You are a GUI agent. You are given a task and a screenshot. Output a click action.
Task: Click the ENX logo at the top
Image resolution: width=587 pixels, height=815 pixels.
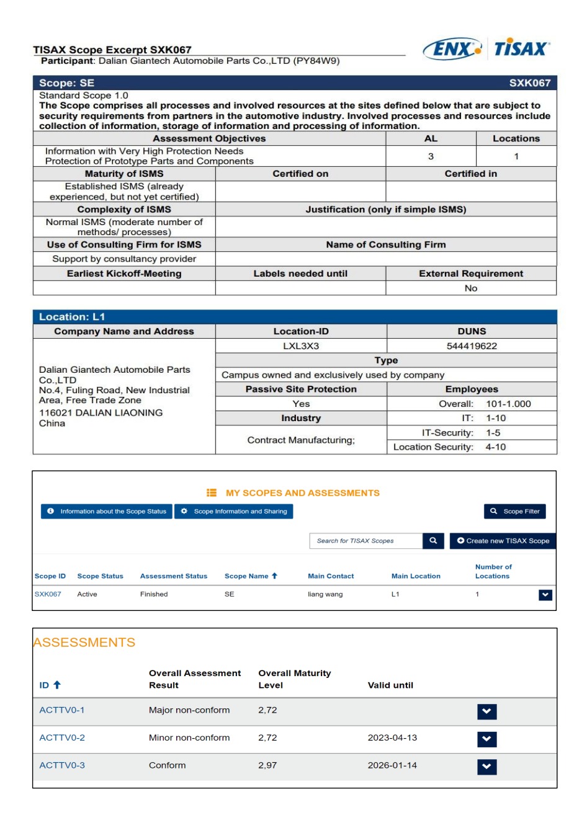(452, 49)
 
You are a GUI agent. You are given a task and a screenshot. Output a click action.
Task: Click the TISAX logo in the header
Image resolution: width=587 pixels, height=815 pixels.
(522, 49)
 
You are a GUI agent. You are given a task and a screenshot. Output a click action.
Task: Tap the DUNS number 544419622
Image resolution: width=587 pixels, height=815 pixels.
(472, 346)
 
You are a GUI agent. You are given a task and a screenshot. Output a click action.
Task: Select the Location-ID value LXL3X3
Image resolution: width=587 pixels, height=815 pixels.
(301, 346)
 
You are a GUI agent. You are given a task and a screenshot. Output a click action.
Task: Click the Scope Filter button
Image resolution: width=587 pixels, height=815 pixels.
(515, 512)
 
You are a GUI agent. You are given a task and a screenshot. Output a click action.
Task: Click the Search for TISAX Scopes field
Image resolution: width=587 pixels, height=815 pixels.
(366, 541)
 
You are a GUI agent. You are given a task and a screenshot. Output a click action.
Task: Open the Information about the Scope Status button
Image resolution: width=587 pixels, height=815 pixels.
(107, 512)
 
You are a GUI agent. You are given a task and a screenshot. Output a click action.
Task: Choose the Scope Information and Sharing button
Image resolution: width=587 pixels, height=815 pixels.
(234, 512)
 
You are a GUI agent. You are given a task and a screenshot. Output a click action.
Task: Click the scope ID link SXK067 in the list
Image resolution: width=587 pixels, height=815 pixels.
(48, 594)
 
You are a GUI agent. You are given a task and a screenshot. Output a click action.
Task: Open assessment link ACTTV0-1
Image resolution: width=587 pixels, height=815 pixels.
(62, 710)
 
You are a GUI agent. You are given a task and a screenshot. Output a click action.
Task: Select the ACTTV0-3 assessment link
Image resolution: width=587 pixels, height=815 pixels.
(62, 765)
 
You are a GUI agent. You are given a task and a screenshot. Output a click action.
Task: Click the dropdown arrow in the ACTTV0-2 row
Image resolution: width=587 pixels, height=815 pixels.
(487, 739)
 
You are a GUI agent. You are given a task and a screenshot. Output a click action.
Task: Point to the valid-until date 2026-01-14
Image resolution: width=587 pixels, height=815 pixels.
(392, 765)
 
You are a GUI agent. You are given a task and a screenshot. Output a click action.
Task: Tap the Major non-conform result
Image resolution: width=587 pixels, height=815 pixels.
(189, 710)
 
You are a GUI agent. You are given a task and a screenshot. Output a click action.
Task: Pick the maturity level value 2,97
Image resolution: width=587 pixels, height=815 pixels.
(267, 765)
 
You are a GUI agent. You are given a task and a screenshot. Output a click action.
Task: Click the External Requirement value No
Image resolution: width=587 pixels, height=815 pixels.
(471, 288)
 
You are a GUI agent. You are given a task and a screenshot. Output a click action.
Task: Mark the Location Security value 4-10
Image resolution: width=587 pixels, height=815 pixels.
(496, 447)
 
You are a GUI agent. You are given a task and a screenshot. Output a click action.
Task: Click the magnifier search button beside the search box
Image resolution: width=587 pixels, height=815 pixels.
(433, 541)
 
